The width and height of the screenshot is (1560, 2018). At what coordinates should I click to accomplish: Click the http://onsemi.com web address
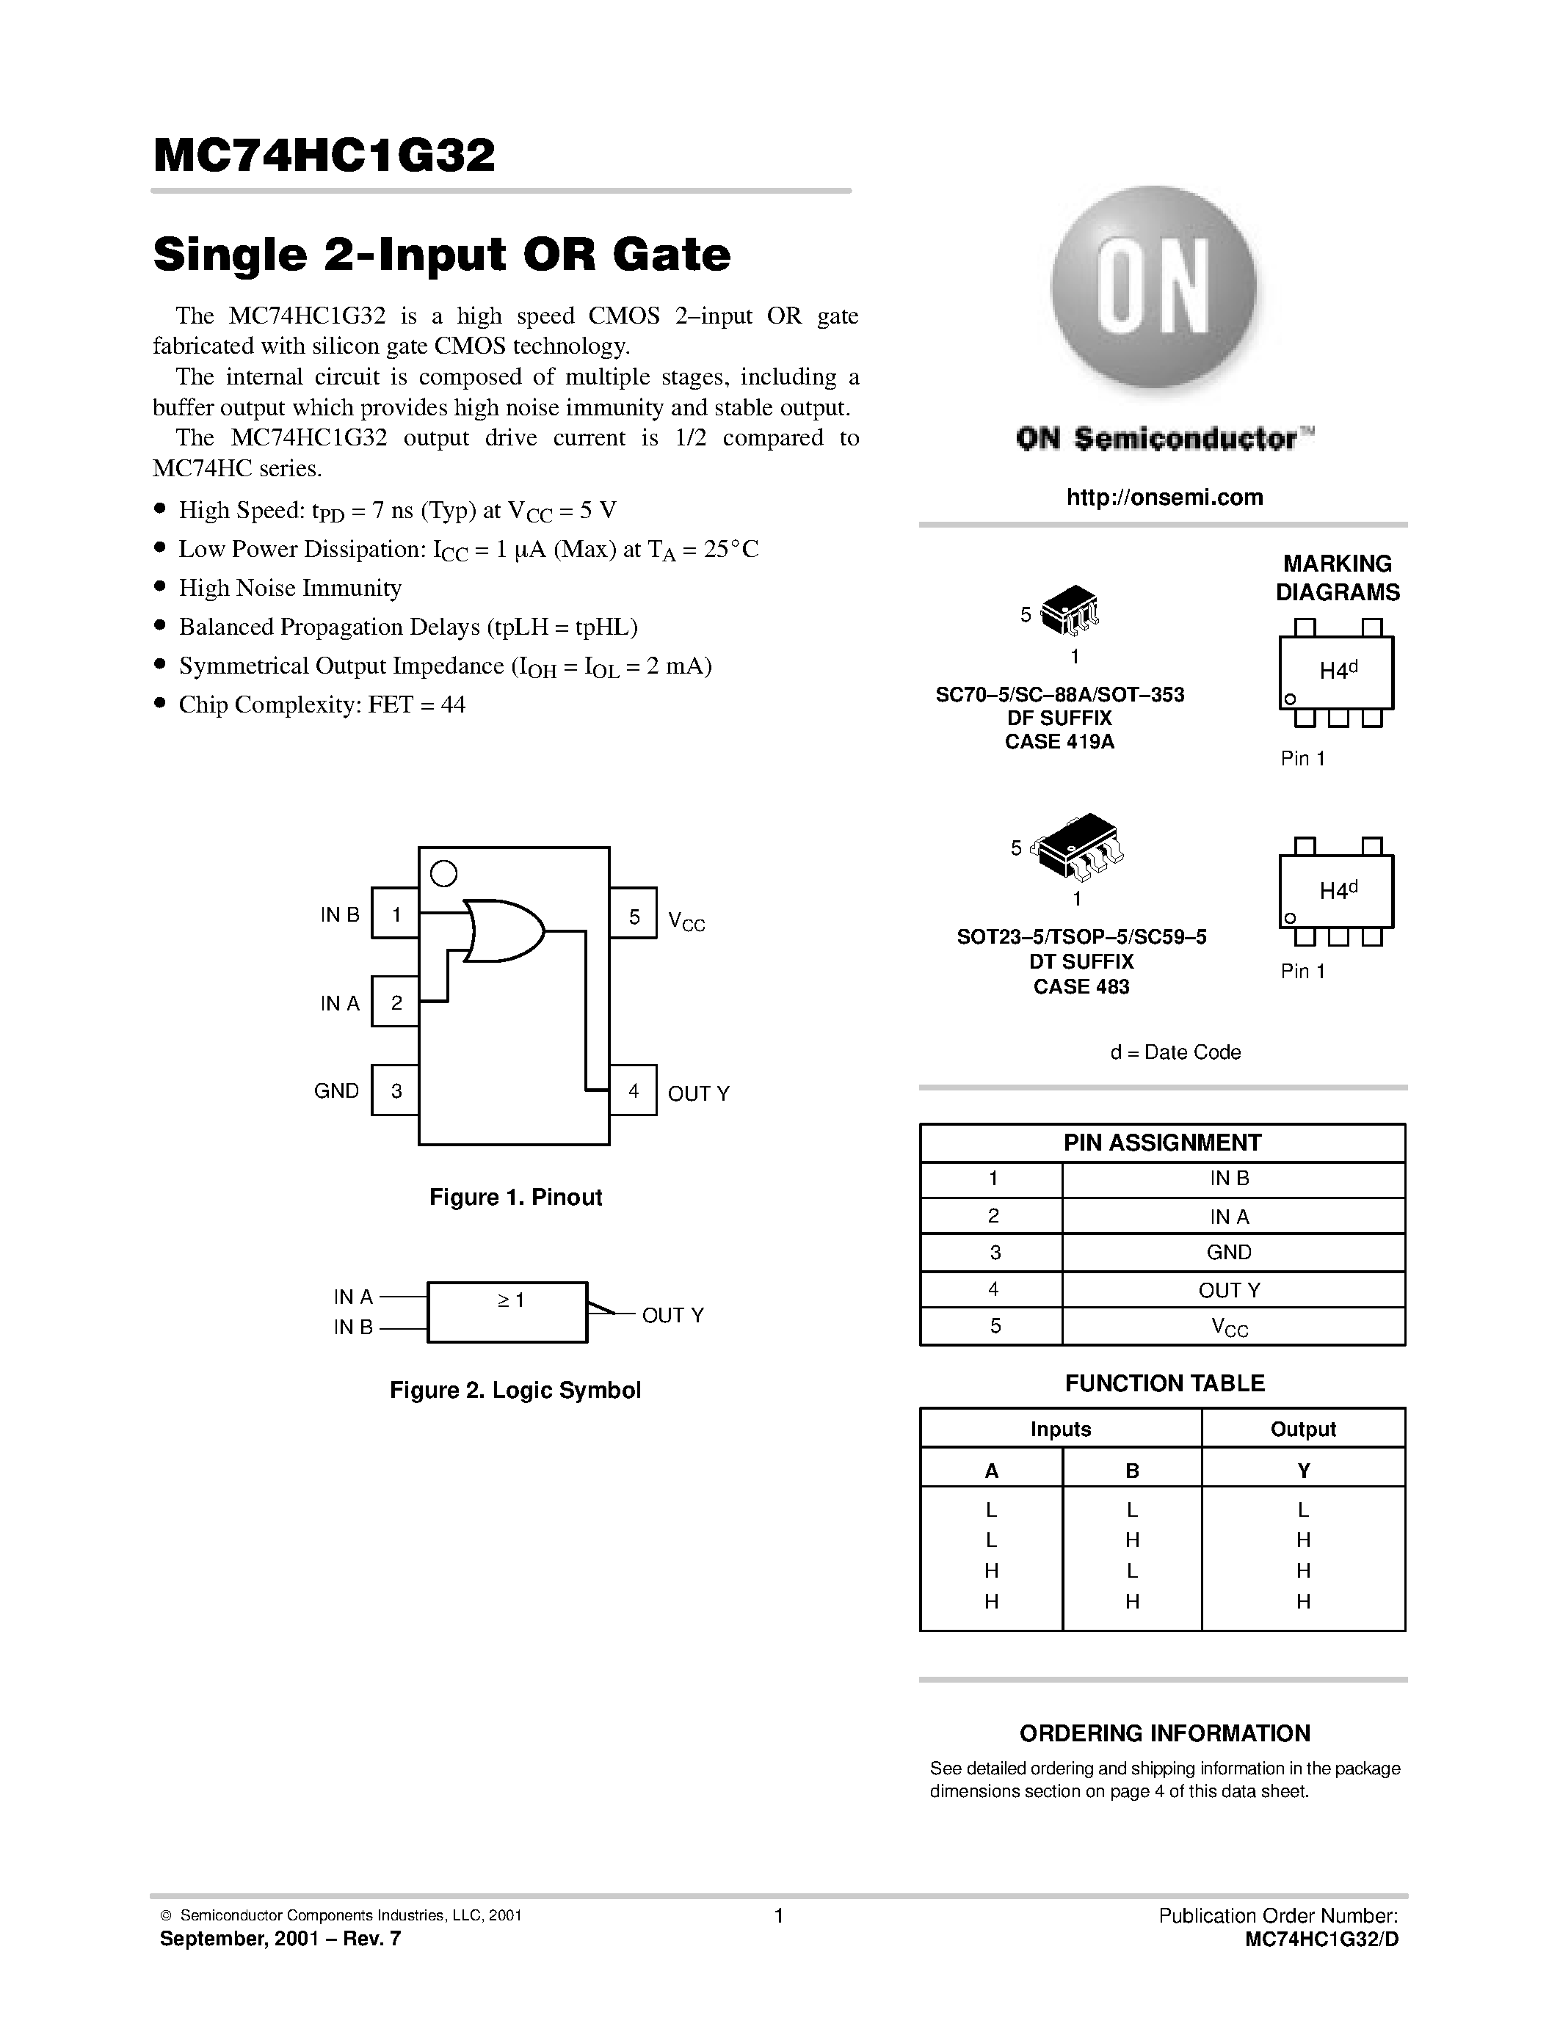[1164, 497]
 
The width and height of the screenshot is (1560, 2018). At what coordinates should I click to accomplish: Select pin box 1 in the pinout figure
[396, 914]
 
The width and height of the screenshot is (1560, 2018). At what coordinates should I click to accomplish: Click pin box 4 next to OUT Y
[633, 1090]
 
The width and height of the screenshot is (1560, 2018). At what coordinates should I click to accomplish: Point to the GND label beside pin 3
[336, 1090]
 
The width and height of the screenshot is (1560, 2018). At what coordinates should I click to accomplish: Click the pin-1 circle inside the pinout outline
[443, 873]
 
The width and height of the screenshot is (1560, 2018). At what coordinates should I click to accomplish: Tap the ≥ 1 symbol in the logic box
[510, 1300]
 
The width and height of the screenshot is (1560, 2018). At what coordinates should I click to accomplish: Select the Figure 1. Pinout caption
[515, 1197]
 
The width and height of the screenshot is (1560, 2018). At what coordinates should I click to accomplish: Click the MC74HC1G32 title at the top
[324, 156]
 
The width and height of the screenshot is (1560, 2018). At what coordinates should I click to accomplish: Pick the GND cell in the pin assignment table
[1228, 1252]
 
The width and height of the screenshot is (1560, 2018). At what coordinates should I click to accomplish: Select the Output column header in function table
[1302, 1429]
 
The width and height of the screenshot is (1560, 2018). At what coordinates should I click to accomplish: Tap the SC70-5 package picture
[1070, 611]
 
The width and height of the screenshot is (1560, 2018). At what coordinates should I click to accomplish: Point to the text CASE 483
[1081, 987]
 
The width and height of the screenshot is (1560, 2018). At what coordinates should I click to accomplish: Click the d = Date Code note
[1175, 1052]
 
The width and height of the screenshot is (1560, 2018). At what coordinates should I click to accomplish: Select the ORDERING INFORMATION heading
[1164, 1733]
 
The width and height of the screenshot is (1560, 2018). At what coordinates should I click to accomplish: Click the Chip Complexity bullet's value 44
[453, 705]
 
